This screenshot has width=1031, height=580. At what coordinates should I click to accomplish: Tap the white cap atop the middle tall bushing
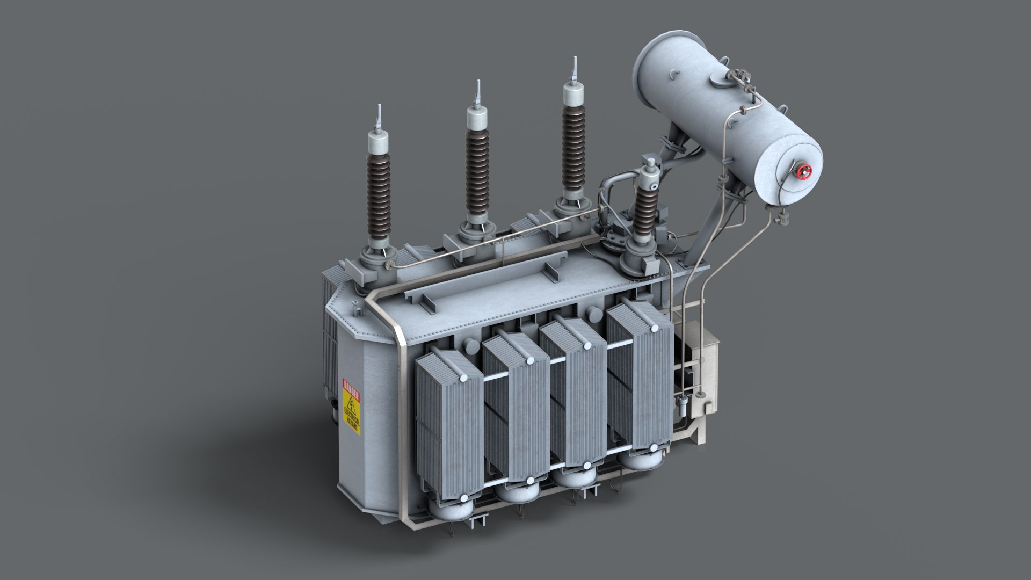[x=477, y=118]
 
